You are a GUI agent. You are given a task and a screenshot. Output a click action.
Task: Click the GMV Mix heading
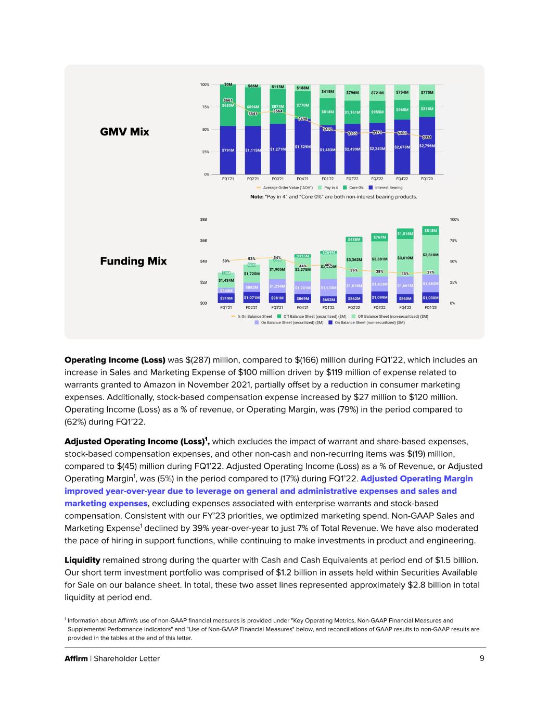coord(124,132)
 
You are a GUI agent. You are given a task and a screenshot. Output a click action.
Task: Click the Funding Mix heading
coord(133,261)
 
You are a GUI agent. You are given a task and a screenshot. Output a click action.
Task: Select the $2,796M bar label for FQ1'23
coord(427,146)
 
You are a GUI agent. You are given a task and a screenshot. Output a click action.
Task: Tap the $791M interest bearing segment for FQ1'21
coord(228,150)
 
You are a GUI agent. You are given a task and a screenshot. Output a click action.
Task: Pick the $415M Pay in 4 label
coord(327,92)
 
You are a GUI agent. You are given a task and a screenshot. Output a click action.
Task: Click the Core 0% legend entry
coord(356,188)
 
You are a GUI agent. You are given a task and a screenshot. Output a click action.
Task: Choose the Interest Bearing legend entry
coord(388,188)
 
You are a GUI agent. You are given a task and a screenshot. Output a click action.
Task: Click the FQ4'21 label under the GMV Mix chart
coord(302,179)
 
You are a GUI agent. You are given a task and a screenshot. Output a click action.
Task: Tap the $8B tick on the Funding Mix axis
coord(203,220)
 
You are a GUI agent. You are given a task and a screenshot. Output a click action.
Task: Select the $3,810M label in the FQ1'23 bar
coord(430,255)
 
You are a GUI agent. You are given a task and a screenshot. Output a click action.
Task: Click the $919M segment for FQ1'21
coord(226,298)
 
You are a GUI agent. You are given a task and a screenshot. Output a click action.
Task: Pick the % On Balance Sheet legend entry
coord(254,316)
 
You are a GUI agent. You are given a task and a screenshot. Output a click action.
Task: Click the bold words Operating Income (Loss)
coord(114,360)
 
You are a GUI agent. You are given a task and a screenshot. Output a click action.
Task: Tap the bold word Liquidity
coord(82,560)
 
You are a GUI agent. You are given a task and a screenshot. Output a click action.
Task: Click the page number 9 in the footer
coord(482,658)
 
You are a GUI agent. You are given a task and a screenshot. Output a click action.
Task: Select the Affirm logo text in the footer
coord(76,658)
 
